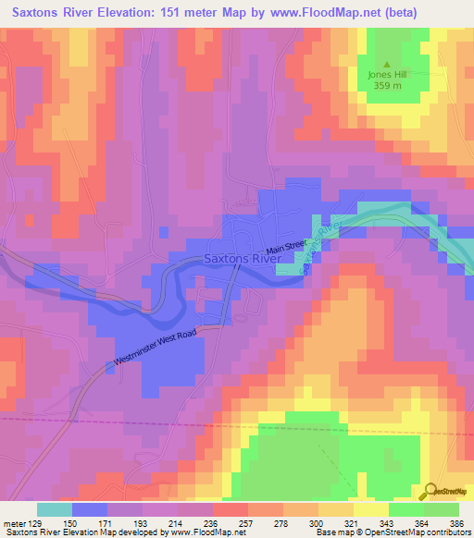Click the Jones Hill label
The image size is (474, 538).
[388, 75]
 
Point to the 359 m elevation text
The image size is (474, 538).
[388, 86]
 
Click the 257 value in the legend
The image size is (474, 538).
[244, 523]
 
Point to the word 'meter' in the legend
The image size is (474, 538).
[12, 523]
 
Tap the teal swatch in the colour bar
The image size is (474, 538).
[54, 509]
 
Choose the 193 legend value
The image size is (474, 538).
[142, 523]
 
